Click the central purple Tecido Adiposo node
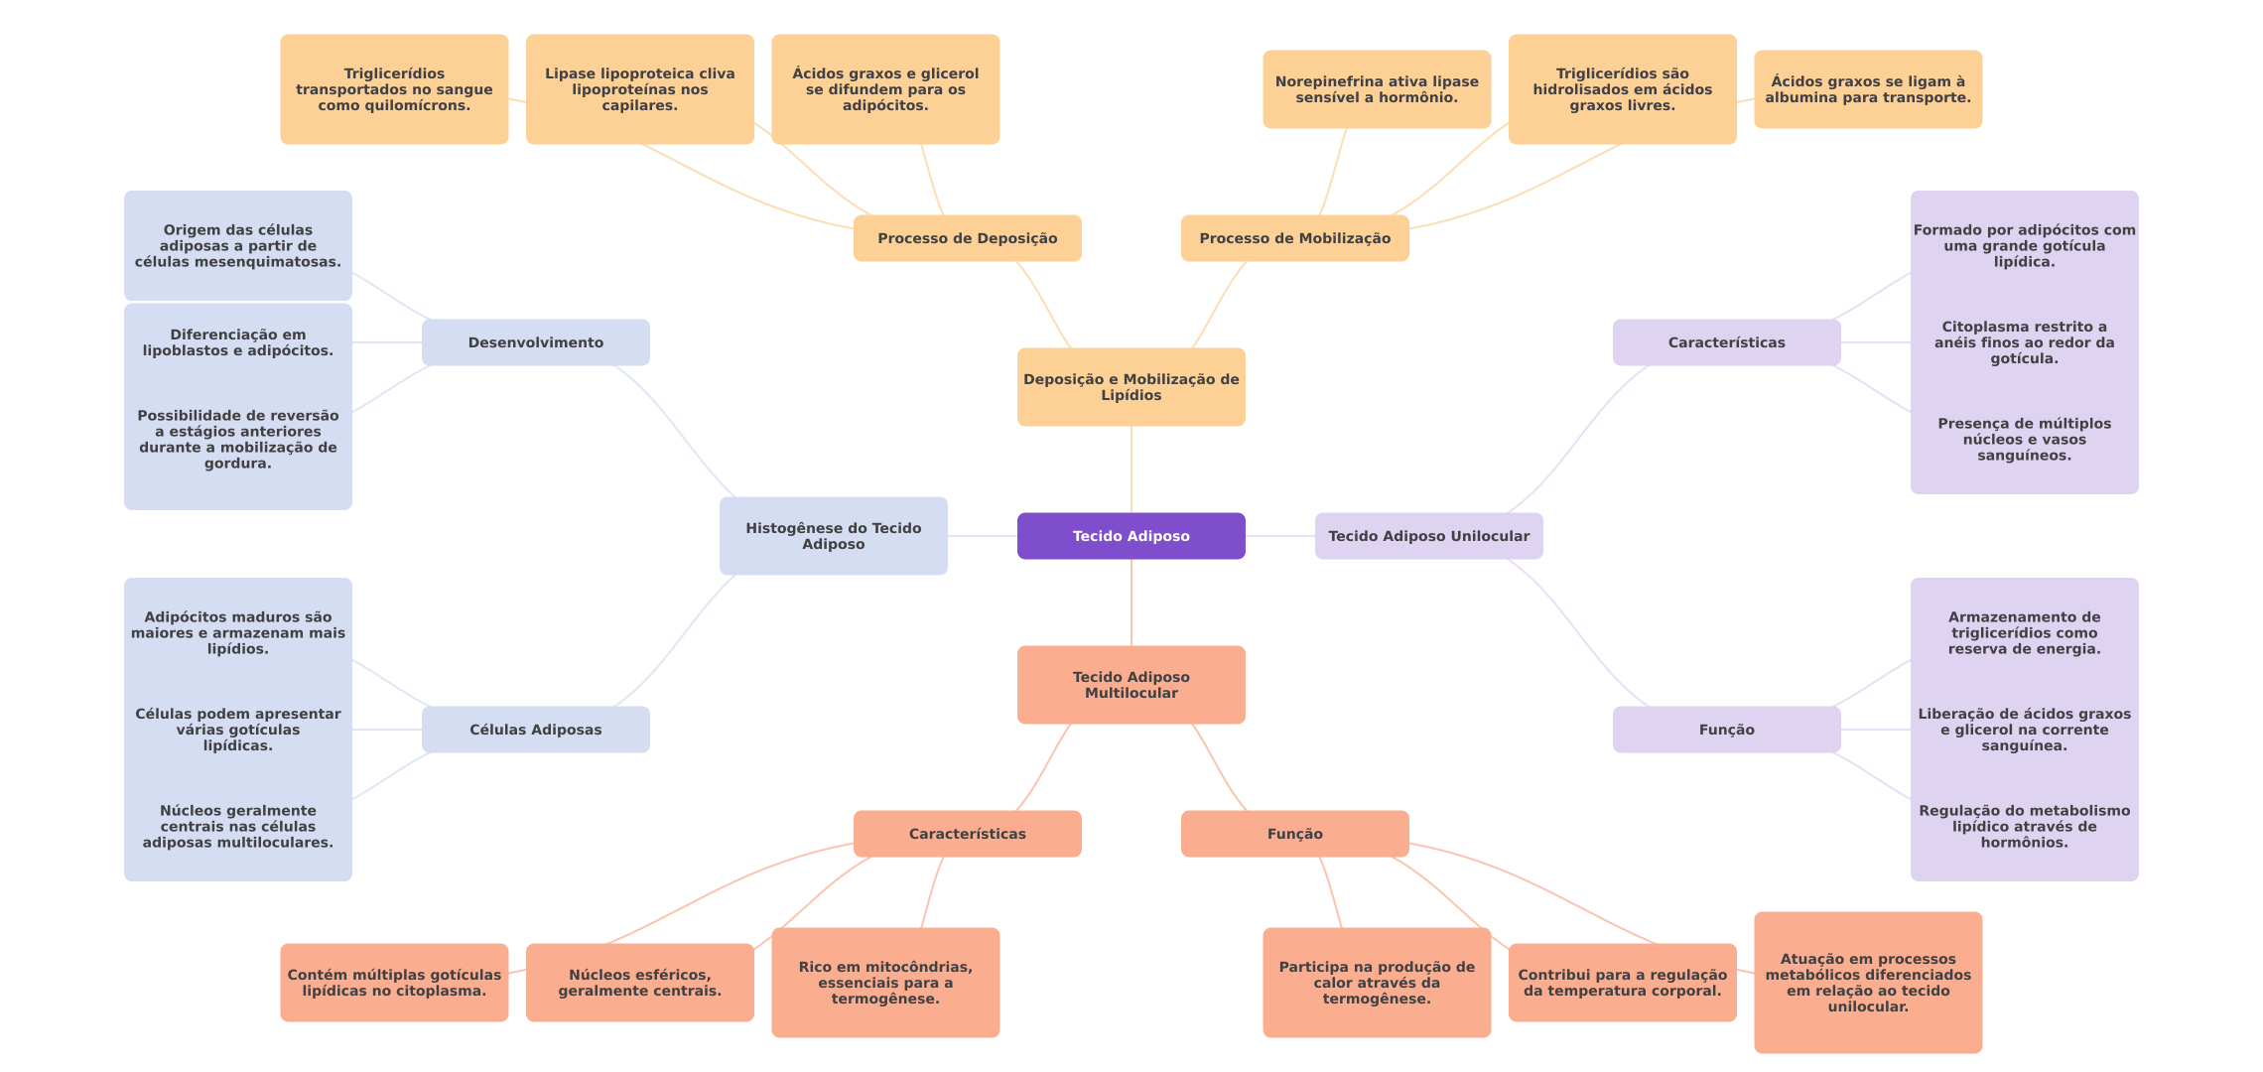[x=1131, y=536]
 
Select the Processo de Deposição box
[x=967, y=238]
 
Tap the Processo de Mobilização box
[x=1294, y=238]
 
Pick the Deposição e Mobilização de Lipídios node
[x=1131, y=387]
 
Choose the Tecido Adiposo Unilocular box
[x=1428, y=536]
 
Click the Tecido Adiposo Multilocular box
[x=1131, y=685]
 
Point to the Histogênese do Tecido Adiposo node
[x=833, y=536]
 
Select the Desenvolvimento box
[x=535, y=342]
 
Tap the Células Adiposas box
[x=535, y=730]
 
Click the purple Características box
[x=1726, y=342]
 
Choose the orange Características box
[x=967, y=834]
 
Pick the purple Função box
[x=1726, y=730]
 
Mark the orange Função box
[x=1294, y=834]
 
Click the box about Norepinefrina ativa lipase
[x=1377, y=89]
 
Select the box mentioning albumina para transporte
[x=1867, y=89]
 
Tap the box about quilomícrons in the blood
[x=394, y=89]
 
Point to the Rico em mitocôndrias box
[x=885, y=983]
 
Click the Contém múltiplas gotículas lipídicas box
[x=394, y=983]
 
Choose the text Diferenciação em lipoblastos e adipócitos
[x=238, y=342]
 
